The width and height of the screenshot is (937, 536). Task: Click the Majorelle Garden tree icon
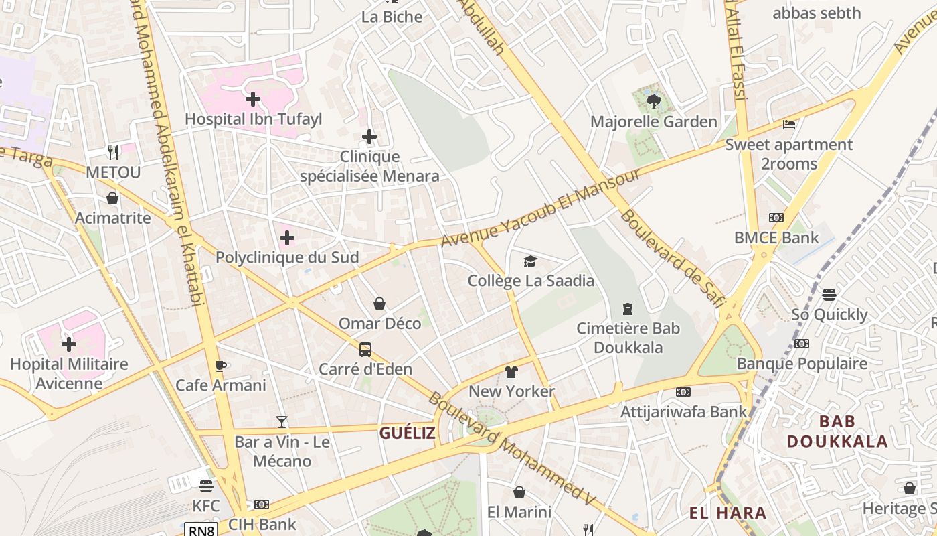(653, 102)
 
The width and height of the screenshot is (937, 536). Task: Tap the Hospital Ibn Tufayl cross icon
(253, 100)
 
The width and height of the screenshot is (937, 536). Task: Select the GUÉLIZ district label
(408, 433)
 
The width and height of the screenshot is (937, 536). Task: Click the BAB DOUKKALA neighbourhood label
(837, 431)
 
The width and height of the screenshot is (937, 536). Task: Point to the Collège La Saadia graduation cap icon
(530, 261)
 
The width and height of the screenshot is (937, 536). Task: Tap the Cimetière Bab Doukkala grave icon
(628, 309)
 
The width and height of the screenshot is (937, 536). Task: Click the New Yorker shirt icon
(511, 372)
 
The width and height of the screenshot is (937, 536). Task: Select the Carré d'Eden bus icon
(365, 349)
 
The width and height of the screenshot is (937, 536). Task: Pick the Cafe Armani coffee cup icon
(220, 366)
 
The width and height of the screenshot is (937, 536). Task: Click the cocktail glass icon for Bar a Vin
(282, 422)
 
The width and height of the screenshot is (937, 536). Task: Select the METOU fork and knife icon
(113, 153)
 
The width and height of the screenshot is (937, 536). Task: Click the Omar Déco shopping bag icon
(379, 304)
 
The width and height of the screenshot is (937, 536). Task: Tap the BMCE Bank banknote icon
(776, 218)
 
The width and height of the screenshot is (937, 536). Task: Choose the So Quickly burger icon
(829, 295)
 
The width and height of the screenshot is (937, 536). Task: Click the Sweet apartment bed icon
(789, 125)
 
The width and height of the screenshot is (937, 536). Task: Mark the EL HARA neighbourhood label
(728, 513)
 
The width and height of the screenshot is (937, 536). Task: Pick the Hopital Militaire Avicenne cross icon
(69, 345)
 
